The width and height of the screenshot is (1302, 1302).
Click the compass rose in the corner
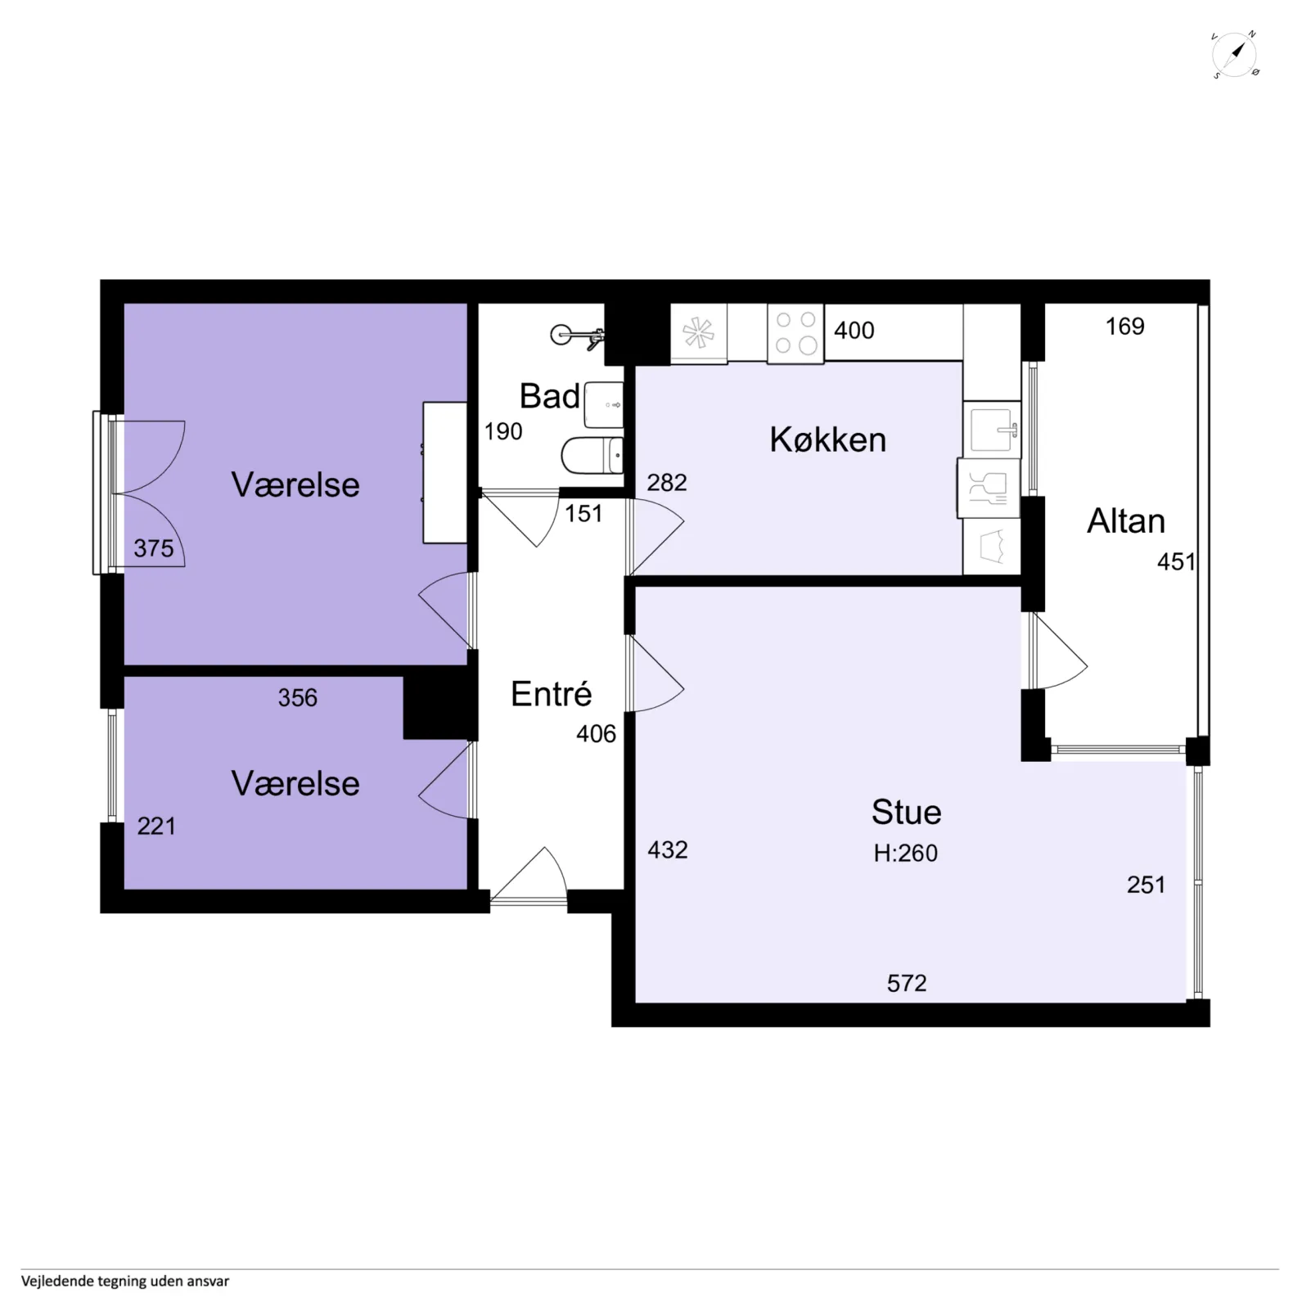[x=1235, y=56]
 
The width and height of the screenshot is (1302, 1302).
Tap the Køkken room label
[x=827, y=440]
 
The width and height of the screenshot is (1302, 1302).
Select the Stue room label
[x=906, y=812]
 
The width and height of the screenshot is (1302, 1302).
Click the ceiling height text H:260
[x=905, y=853]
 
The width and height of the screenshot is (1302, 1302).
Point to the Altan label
[x=1126, y=521]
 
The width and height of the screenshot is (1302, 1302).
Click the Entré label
[x=551, y=694]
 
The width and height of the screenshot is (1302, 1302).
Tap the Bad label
[x=549, y=396]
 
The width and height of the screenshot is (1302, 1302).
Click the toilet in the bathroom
[x=592, y=456]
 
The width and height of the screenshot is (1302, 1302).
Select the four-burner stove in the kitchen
[x=795, y=333]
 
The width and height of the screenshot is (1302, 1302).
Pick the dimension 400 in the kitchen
[x=854, y=331]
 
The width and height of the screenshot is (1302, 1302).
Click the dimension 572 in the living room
[x=907, y=983]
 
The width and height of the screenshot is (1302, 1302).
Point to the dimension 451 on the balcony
[x=1177, y=561]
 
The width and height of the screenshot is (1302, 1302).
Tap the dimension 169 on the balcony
[x=1125, y=327]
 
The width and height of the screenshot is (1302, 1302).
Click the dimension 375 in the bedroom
[x=154, y=548]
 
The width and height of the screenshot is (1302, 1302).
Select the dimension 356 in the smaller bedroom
[x=297, y=698]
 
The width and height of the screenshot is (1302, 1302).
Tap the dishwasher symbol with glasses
[x=989, y=489]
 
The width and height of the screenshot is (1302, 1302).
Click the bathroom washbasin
[x=604, y=404]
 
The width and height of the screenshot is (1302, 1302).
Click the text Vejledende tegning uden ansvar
[x=125, y=1282]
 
